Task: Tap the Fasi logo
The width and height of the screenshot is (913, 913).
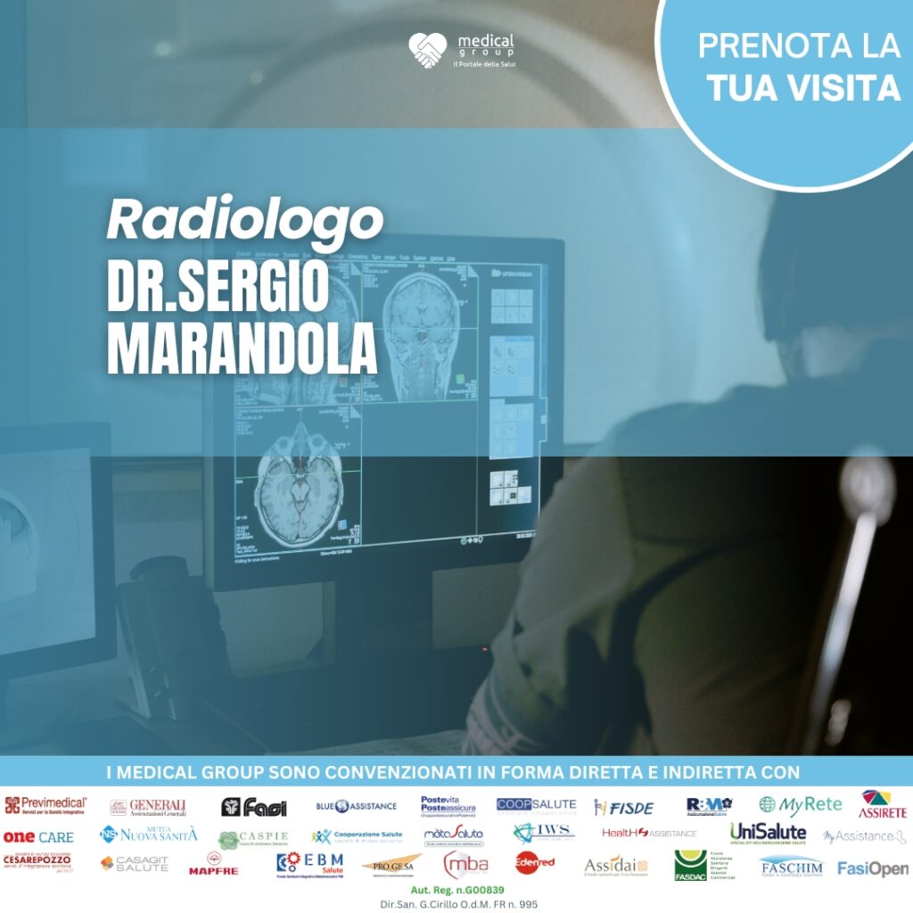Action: pos(254,807)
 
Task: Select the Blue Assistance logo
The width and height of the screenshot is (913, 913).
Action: pos(356,806)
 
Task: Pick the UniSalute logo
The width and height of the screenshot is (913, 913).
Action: pos(768,833)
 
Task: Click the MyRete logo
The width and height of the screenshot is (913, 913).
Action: pos(800,804)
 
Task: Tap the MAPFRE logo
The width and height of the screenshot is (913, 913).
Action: pos(212,867)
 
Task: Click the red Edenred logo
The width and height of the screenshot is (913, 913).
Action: pos(535,863)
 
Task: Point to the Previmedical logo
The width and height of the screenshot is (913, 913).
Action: pos(45,806)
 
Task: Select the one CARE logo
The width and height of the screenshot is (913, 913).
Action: pos(38,837)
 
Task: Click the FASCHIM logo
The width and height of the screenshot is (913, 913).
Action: pos(791,867)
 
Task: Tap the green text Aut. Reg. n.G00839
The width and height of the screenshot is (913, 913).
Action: pos(458,891)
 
